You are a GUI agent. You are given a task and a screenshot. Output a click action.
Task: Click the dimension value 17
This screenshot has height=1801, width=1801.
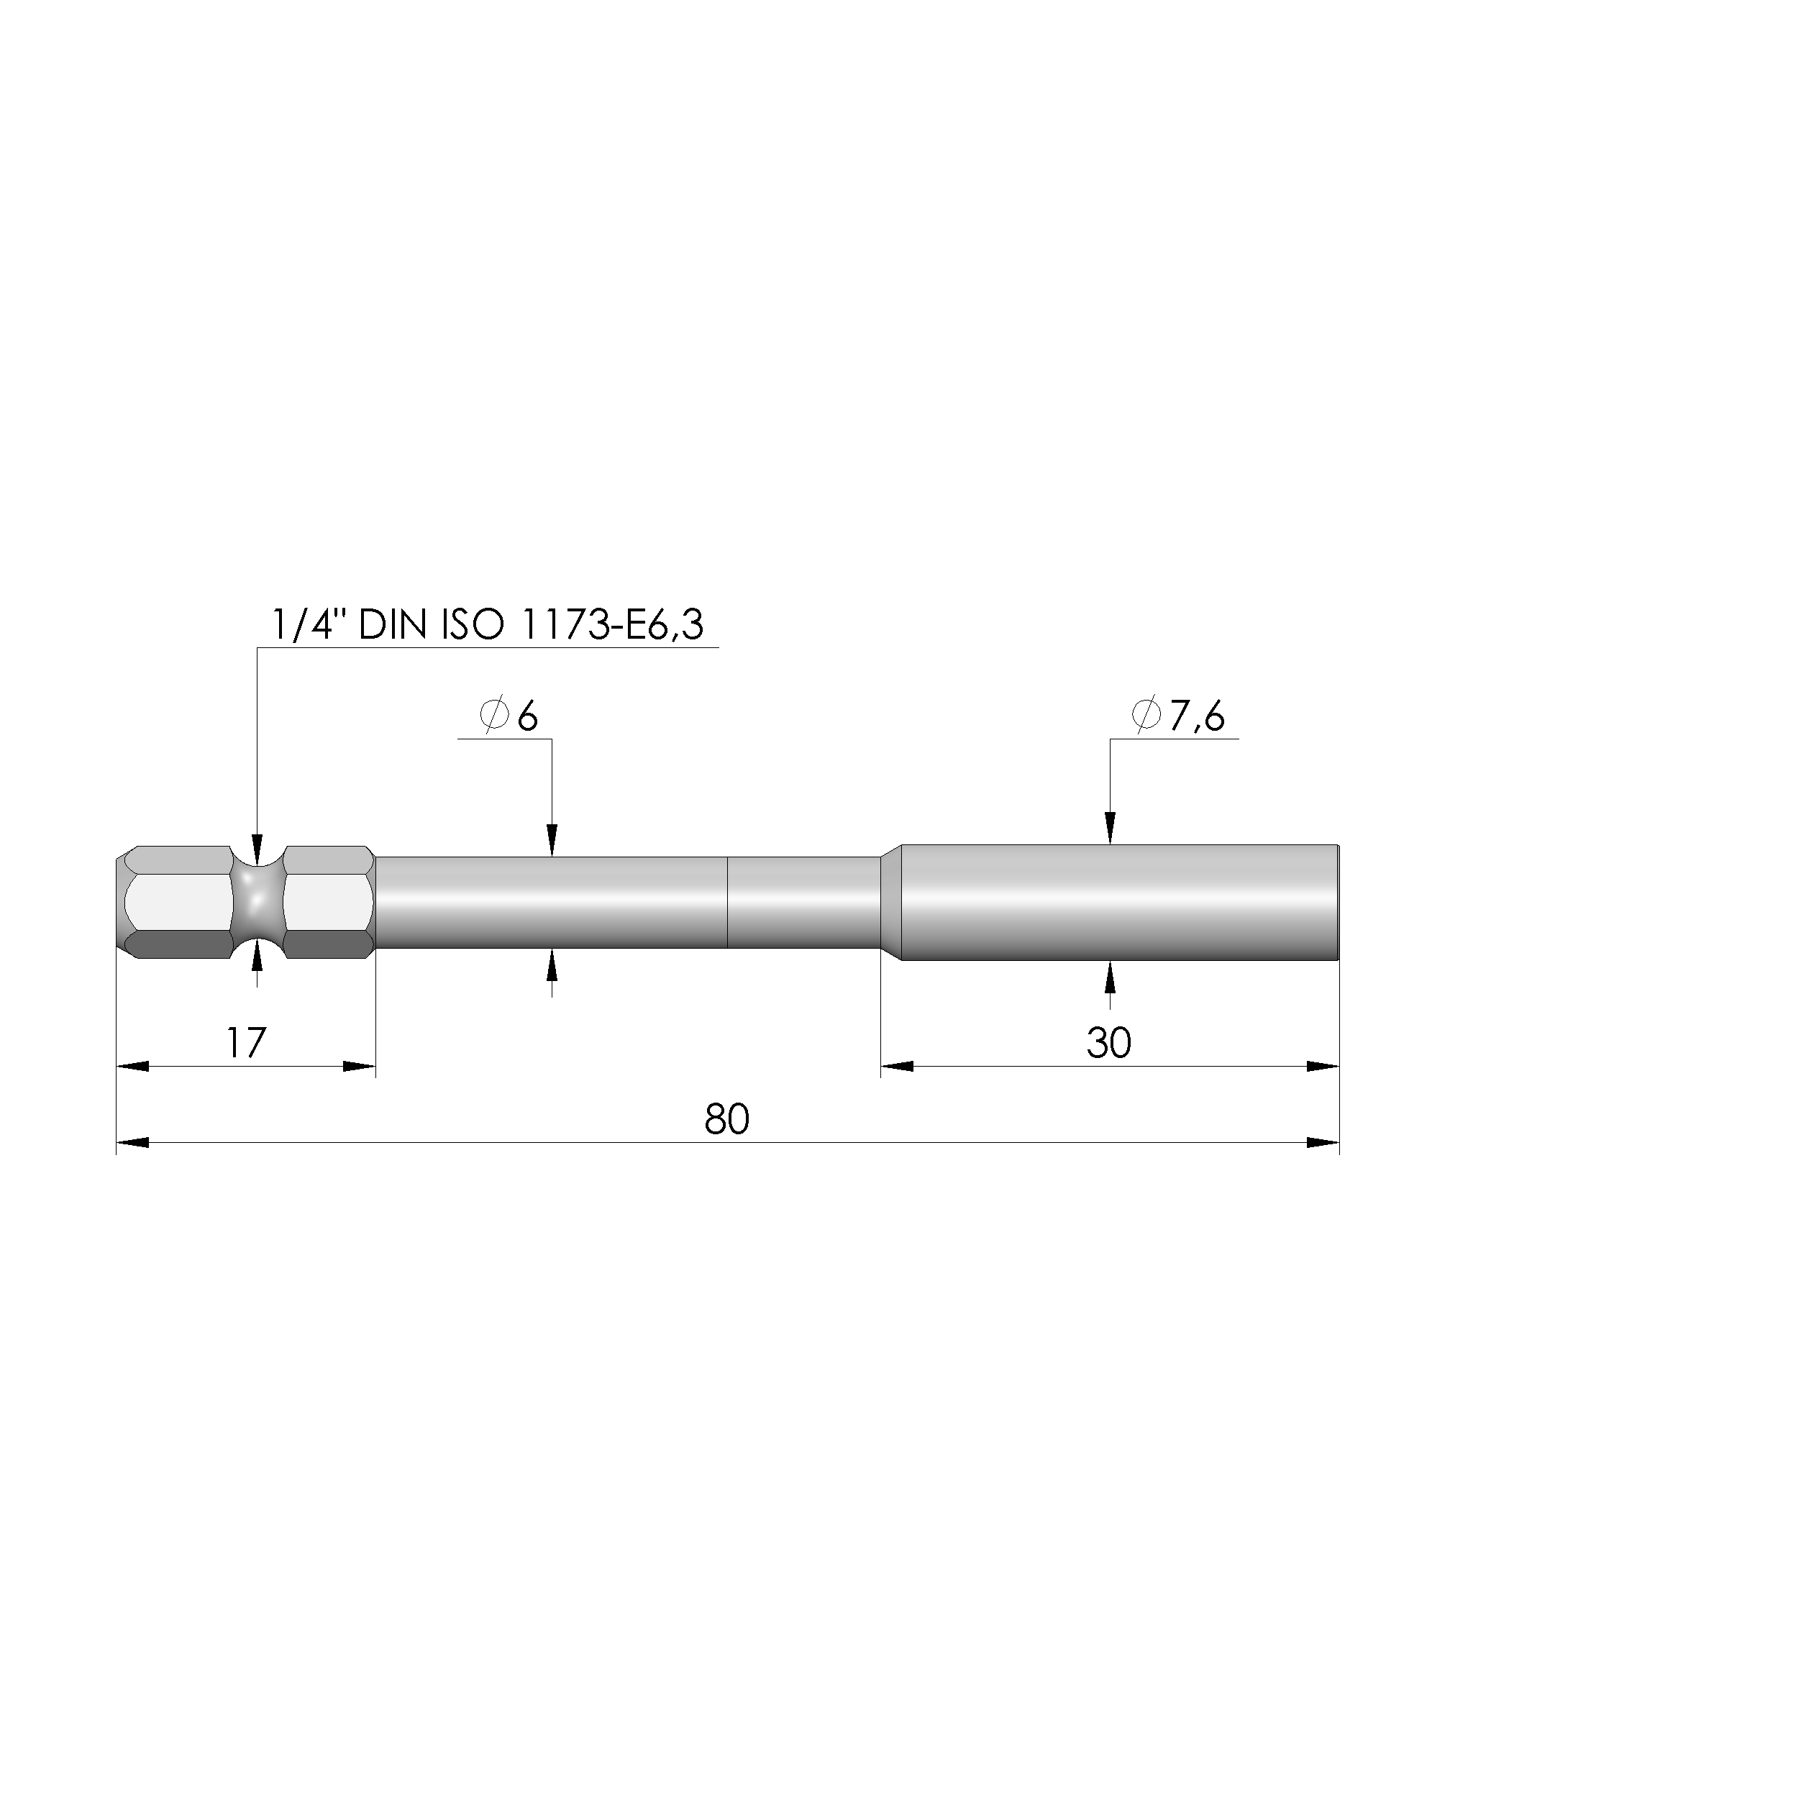(246, 1042)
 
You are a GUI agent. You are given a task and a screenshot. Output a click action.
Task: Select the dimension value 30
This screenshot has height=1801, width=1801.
(1108, 1042)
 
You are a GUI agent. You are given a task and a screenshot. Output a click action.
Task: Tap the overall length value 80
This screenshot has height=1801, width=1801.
(726, 1118)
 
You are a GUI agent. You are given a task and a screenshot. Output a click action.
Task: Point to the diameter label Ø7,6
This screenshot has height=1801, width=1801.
(1177, 716)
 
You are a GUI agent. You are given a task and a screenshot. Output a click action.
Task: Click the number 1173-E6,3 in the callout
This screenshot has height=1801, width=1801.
(611, 624)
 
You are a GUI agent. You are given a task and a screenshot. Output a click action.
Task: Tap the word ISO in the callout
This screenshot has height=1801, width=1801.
(471, 624)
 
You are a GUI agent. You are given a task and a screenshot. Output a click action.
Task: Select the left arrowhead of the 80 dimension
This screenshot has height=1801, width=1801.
(132, 1143)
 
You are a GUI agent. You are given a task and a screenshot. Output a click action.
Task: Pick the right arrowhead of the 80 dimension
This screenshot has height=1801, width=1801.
(1323, 1143)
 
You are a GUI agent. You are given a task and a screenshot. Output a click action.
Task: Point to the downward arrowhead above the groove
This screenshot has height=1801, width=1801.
(257, 850)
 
